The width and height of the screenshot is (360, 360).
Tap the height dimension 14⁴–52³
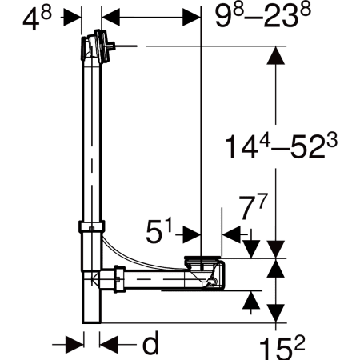point(281,146)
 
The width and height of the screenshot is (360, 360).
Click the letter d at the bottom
point(150,343)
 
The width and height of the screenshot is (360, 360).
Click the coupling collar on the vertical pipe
point(91,226)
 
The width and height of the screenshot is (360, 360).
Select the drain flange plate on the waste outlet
point(202,258)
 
